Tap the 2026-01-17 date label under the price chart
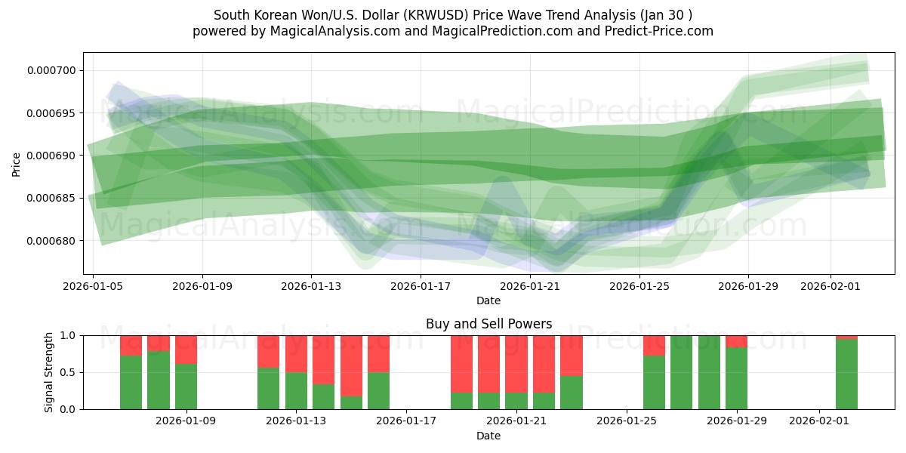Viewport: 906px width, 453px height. tap(421, 287)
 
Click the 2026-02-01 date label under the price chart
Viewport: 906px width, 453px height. tap(830, 287)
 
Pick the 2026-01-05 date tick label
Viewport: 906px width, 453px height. tap(93, 287)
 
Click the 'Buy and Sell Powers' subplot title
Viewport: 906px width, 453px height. tap(488, 324)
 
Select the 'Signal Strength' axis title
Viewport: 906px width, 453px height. tap(49, 372)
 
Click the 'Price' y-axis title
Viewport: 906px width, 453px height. tap(17, 165)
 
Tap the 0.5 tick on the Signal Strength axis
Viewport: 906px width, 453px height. tap(68, 372)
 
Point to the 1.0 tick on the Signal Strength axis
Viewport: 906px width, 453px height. tap(68, 335)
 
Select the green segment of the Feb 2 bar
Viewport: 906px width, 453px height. tap(846, 374)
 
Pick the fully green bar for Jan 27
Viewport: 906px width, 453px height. tap(681, 372)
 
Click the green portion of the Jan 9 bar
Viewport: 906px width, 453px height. tap(186, 387)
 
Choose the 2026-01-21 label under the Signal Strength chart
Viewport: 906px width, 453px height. tap(516, 421)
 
